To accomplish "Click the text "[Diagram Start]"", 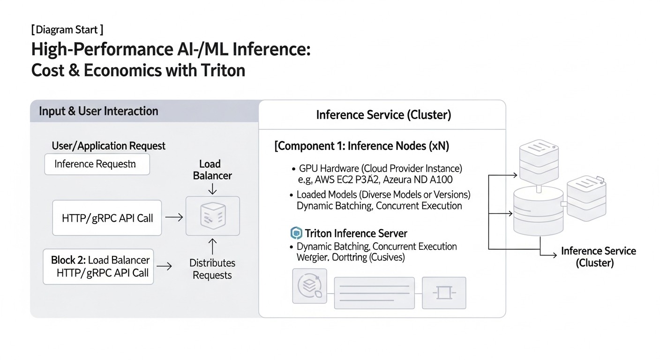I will pyautogui.click(x=67, y=30).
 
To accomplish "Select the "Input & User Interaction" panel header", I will pyautogui.click(x=98, y=111).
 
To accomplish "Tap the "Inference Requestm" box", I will pyautogui.click(x=97, y=164).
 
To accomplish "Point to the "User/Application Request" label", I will pyautogui.click(x=108, y=146).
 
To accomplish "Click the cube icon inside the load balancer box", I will pyautogui.click(x=212, y=216).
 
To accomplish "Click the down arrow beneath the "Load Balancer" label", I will pyautogui.click(x=212, y=188).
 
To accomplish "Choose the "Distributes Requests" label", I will pyautogui.click(x=212, y=269).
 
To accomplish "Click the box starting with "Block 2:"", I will pyautogui.click(x=98, y=266).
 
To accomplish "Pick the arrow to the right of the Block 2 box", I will pyautogui.click(x=164, y=266).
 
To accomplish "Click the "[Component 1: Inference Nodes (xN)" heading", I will pyautogui.click(x=361, y=146).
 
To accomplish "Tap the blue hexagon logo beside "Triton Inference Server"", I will pyautogui.click(x=296, y=233).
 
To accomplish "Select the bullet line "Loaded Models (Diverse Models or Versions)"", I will pyautogui.click(x=383, y=195).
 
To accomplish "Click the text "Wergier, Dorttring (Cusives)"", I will pyautogui.click(x=351, y=257).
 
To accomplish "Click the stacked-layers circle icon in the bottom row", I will pyautogui.click(x=309, y=286).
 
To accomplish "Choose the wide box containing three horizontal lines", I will pyautogui.click(x=374, y=292).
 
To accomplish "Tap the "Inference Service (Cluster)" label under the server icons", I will pyautogui.click(x=598, y=257).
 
